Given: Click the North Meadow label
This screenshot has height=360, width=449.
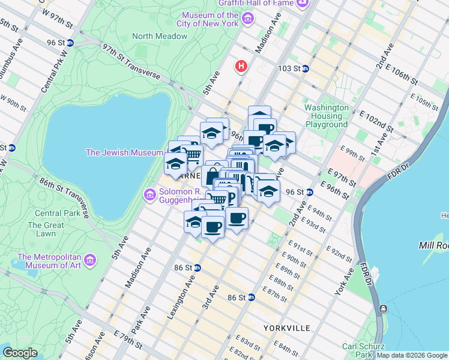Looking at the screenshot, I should (x=159, y=36).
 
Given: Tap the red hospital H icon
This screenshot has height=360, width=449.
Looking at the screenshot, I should (x=242, y=65).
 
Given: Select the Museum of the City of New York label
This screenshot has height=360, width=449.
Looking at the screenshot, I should (x=210, y=19).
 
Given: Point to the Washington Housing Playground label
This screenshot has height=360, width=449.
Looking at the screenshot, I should (x=326, y=116).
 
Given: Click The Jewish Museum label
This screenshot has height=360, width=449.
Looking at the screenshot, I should (x=124, y=152).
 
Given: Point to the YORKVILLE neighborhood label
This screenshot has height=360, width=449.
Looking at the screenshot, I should (x=287, y=328).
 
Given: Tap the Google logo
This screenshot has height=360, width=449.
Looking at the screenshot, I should (x=20, y=353).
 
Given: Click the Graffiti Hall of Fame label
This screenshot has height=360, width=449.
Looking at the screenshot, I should (x=255, y=3).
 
